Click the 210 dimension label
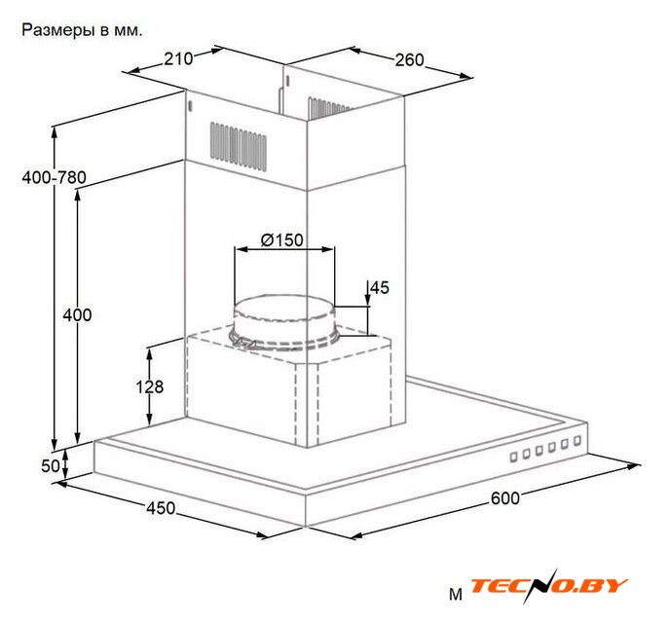(x=178, y=58)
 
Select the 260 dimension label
(x=409, y=60)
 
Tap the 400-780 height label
(x=54, y=177)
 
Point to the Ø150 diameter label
(x=282, y=240)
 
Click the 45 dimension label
(x=380, y=287)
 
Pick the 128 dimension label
(x=150, y=386)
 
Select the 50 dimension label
(x=51, y=466)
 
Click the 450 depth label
(x=161, y=508)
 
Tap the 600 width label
(x=505, y=498)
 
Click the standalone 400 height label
(x=77, y=315)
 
